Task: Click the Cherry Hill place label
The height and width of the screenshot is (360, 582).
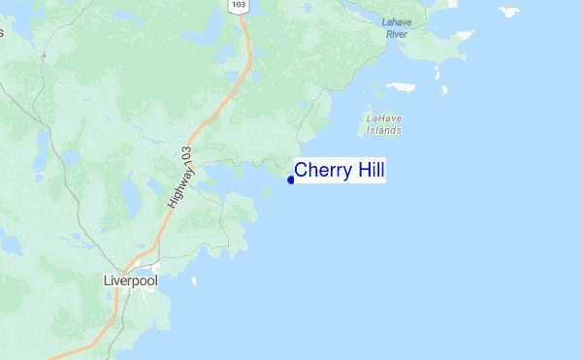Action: click(339, 170)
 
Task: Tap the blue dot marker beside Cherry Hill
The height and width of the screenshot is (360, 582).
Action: click(291, 180)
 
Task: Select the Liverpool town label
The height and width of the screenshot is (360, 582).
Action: click(130, 280)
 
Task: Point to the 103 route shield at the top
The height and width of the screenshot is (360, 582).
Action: click(239, 6)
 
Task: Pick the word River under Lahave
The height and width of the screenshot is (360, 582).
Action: click(396, 34)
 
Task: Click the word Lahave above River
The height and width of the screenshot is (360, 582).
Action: click(397, 21)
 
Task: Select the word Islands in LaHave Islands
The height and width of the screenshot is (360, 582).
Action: click(385, 130)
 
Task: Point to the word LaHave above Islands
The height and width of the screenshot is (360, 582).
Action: click(384, 118)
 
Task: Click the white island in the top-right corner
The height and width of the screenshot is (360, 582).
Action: click(509, 12)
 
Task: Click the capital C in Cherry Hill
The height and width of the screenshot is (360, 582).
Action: click(301, 170)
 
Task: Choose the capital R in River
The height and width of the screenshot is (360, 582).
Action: click(386, 34)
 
